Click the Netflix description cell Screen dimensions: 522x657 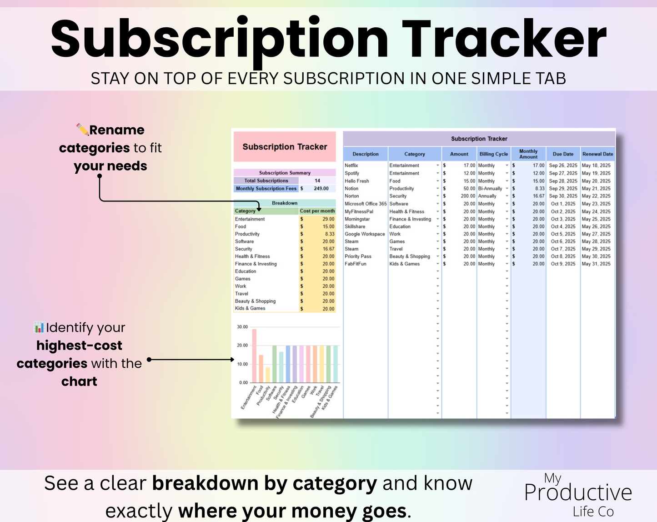351,166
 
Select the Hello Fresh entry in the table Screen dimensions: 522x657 357,181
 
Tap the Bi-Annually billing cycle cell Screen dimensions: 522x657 490,189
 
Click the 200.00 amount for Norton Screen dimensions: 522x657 468,196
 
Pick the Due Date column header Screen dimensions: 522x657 563,154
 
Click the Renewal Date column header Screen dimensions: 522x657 597,154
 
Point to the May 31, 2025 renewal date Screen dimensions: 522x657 596,264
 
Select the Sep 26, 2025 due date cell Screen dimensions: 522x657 563,166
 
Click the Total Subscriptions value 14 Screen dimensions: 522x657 317,181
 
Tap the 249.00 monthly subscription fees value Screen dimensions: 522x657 321,188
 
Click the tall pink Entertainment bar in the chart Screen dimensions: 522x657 254,356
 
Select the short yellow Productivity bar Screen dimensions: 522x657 268,375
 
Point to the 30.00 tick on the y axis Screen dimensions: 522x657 242,327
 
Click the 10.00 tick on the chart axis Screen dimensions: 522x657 242,364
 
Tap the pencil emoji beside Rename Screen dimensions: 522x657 82,130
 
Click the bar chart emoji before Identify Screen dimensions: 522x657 39,327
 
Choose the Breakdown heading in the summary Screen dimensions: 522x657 285,203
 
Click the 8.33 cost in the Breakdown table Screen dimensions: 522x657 330,234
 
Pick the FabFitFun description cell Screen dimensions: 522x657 356,264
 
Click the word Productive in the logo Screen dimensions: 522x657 578,492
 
